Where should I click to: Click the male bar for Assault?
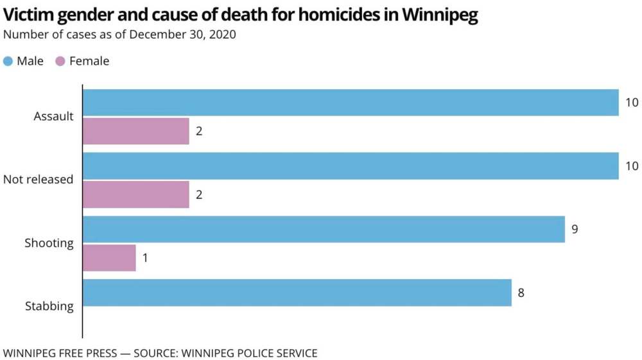tap(351, 103)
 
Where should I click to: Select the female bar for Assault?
tap(136, 131)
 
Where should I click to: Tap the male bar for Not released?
tap(351, 166)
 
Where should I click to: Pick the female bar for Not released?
tap(136, 194)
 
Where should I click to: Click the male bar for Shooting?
tap(324, 229)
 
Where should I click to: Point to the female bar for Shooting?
tap(110, 257)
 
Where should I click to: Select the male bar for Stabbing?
tap(297, 293)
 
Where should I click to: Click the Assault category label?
tap(54, 117)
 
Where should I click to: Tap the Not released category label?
tap(39, 180)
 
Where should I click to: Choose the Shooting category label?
tap(49, 243)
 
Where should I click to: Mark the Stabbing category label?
tap(49, 306)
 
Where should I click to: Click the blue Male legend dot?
tap(8, 62)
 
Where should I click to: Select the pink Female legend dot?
tap(61, 62)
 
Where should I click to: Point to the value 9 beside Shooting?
tap(575, 229)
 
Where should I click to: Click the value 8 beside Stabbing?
tap(521, 293)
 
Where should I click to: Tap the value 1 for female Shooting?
tap(146, 257)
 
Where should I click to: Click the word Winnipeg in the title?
tap(440, 15)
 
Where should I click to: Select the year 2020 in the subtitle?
tap(222, 35)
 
